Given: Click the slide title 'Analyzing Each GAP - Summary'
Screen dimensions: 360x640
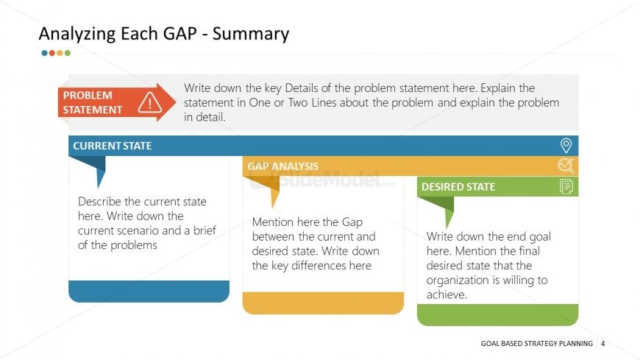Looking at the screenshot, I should (x=163, y=34).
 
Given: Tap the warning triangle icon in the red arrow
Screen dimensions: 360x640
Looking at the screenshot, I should (x=149, y=102).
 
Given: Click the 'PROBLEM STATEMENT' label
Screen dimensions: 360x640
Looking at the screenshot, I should (x=93, y=102).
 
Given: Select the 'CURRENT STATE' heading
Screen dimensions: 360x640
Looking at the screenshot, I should (x=112, y=146).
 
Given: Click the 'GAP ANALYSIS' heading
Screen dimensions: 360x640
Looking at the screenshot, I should (x=282, y=166).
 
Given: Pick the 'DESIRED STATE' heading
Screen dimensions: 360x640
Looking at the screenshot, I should (x=458, y=187).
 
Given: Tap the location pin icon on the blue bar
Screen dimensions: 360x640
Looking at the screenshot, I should (x=566, y=146).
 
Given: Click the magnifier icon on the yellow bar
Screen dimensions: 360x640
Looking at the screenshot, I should (x=566, y=166).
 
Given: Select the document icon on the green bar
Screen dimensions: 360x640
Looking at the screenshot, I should (x=566, y=187).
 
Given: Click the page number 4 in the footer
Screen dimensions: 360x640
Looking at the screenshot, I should (x=603, y=343).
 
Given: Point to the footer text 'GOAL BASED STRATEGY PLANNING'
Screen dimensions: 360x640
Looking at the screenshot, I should (x=536, y=343).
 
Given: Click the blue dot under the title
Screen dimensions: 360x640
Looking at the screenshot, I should (x=44, y=53).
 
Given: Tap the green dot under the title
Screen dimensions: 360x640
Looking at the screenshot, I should (x=68, y=53).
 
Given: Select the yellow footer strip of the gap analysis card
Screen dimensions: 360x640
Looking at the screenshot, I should (x=323, y=303).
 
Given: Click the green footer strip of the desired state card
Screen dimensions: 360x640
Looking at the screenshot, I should (x=497, y=314).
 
